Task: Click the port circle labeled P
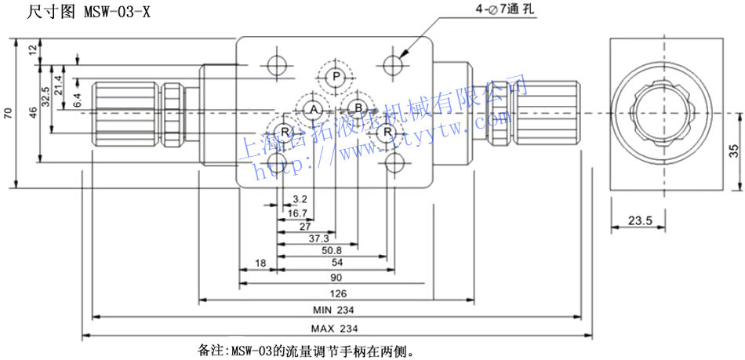[x=336, y=76]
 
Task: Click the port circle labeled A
[x=313, y=108]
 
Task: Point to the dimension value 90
[x=336, y=278]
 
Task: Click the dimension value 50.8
[x=331, y=250]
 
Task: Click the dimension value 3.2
[x=299, y=199]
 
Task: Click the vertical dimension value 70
[x=9, y=114]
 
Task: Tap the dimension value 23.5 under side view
[x=641, y=221]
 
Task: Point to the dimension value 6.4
[x=77, y=100]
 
